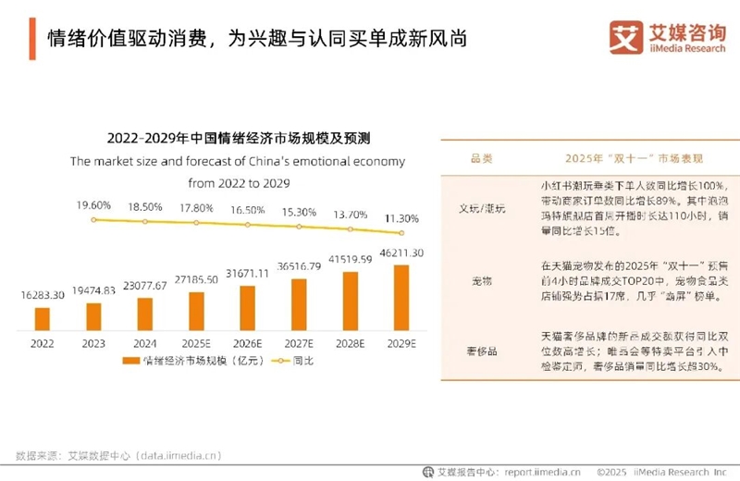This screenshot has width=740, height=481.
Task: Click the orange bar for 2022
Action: click(x=43, y=318)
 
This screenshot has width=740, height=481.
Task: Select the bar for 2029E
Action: click(x=401, y=297)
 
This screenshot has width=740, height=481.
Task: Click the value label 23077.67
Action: click(x=144, y=287)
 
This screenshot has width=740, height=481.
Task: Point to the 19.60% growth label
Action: click(x=93, y=204)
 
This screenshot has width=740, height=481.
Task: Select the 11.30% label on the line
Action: click(x=401, y=218)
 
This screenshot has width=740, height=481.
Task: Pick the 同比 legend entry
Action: click(x=293, y=361)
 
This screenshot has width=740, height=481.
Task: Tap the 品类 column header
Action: click(x=482, y=158)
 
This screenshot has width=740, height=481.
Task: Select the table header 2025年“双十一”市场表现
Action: click(x=633, y=158)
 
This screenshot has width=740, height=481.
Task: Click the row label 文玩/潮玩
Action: click(x=482, y=208)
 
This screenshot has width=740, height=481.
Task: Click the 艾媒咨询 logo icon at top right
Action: click(x=626, y=37)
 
